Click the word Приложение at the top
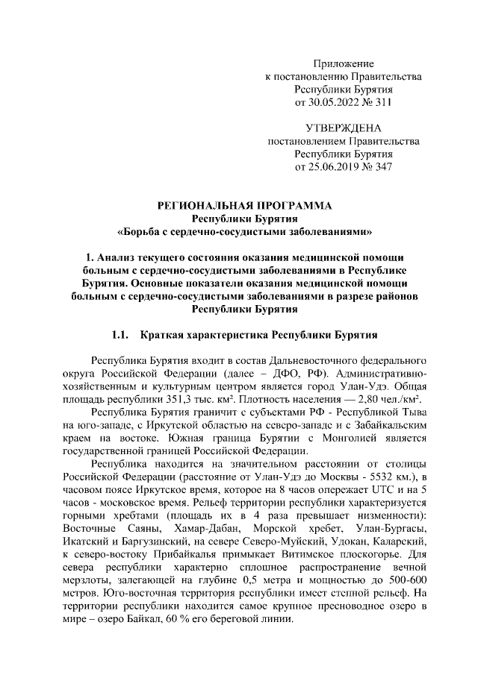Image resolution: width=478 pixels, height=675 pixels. tap(344, 63)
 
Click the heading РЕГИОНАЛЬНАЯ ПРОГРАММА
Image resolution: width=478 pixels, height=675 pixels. tap(244, 205)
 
